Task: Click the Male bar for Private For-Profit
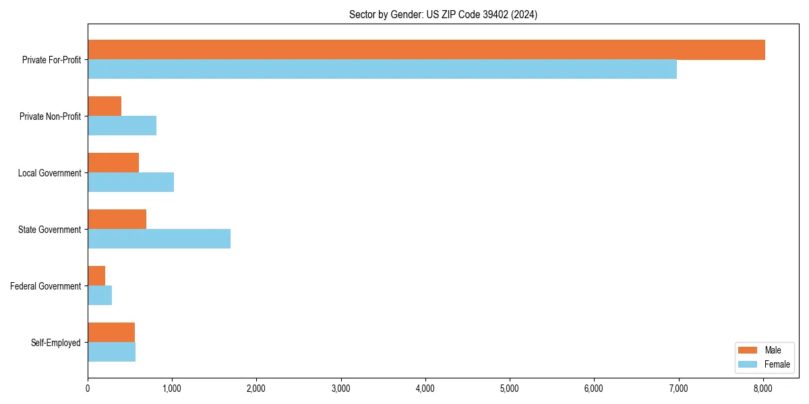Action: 426,50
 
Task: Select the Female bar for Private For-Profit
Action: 382,69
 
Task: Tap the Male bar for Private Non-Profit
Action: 104,106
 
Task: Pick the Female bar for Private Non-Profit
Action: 122,126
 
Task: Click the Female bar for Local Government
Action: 131,182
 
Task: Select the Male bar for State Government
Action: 117,220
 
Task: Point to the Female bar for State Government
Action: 159,239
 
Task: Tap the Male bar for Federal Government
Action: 96,276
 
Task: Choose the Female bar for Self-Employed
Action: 111,352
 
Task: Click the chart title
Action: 443,14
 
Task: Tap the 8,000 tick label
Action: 762,389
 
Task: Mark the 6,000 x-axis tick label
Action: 594,389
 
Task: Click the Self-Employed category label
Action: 56,343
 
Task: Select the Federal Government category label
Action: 46,286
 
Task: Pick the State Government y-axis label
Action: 50,230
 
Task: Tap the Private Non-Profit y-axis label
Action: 51,116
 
